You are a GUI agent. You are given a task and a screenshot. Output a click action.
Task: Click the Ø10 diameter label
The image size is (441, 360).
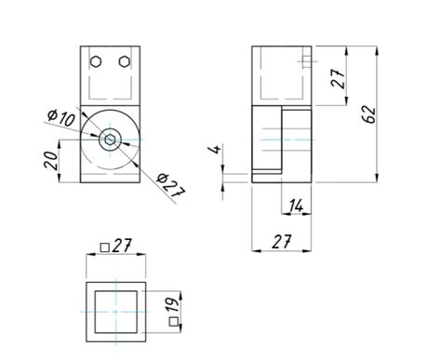pos(61,117)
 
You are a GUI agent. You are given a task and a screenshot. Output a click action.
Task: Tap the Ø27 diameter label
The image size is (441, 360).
pos(171,185)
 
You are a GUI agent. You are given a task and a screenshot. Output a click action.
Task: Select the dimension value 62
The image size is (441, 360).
pos(369,114)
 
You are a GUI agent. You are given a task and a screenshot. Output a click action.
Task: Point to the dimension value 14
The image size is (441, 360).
pos(296,207)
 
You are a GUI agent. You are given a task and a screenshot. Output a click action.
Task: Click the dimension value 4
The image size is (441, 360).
pos(216,149)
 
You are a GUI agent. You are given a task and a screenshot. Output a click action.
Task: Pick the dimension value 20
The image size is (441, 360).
pos(51,161)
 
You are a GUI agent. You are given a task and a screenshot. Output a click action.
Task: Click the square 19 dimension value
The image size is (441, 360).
pos(174,305)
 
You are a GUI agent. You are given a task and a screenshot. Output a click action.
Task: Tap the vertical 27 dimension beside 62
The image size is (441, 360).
pos(338,78)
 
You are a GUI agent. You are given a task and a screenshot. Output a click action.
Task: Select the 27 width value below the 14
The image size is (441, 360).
pos(282,242)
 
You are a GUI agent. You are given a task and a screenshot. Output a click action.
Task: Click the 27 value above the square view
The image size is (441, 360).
pos(122,246)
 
